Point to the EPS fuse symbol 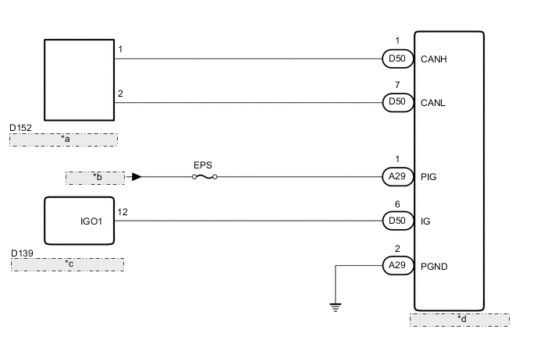pos(204,177)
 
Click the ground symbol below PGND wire pos(336,306)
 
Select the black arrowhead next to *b pos(137,177)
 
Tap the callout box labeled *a pos(64,140)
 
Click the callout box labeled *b pos(95,178)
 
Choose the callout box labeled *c pos(67,264)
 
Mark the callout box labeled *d pos(459,320)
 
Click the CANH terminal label pos(433,58)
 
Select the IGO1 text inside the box pos(92,221)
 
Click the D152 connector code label pos(21,127)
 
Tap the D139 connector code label pos(23,253)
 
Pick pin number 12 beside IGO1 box pos(122,211)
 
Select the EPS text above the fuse pos(203,165)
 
